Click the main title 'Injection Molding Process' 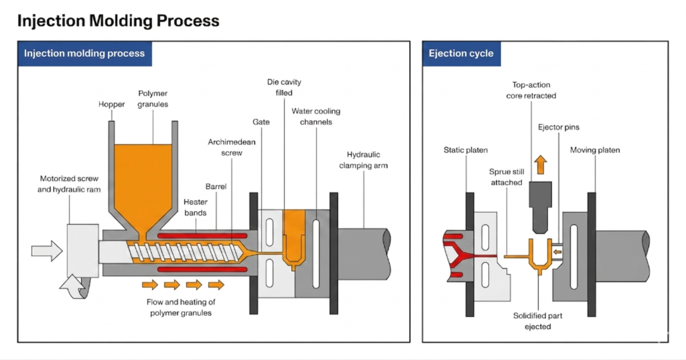[118, 21]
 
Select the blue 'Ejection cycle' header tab [461, 54]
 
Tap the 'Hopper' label [112, 105]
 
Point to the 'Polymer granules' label [154, 99]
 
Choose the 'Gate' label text [261, 123]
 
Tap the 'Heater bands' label [196, 207]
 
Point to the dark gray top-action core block [541, 194]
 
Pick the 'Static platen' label [466, 149]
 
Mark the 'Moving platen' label [595, 149]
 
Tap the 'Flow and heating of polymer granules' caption [181, 306]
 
